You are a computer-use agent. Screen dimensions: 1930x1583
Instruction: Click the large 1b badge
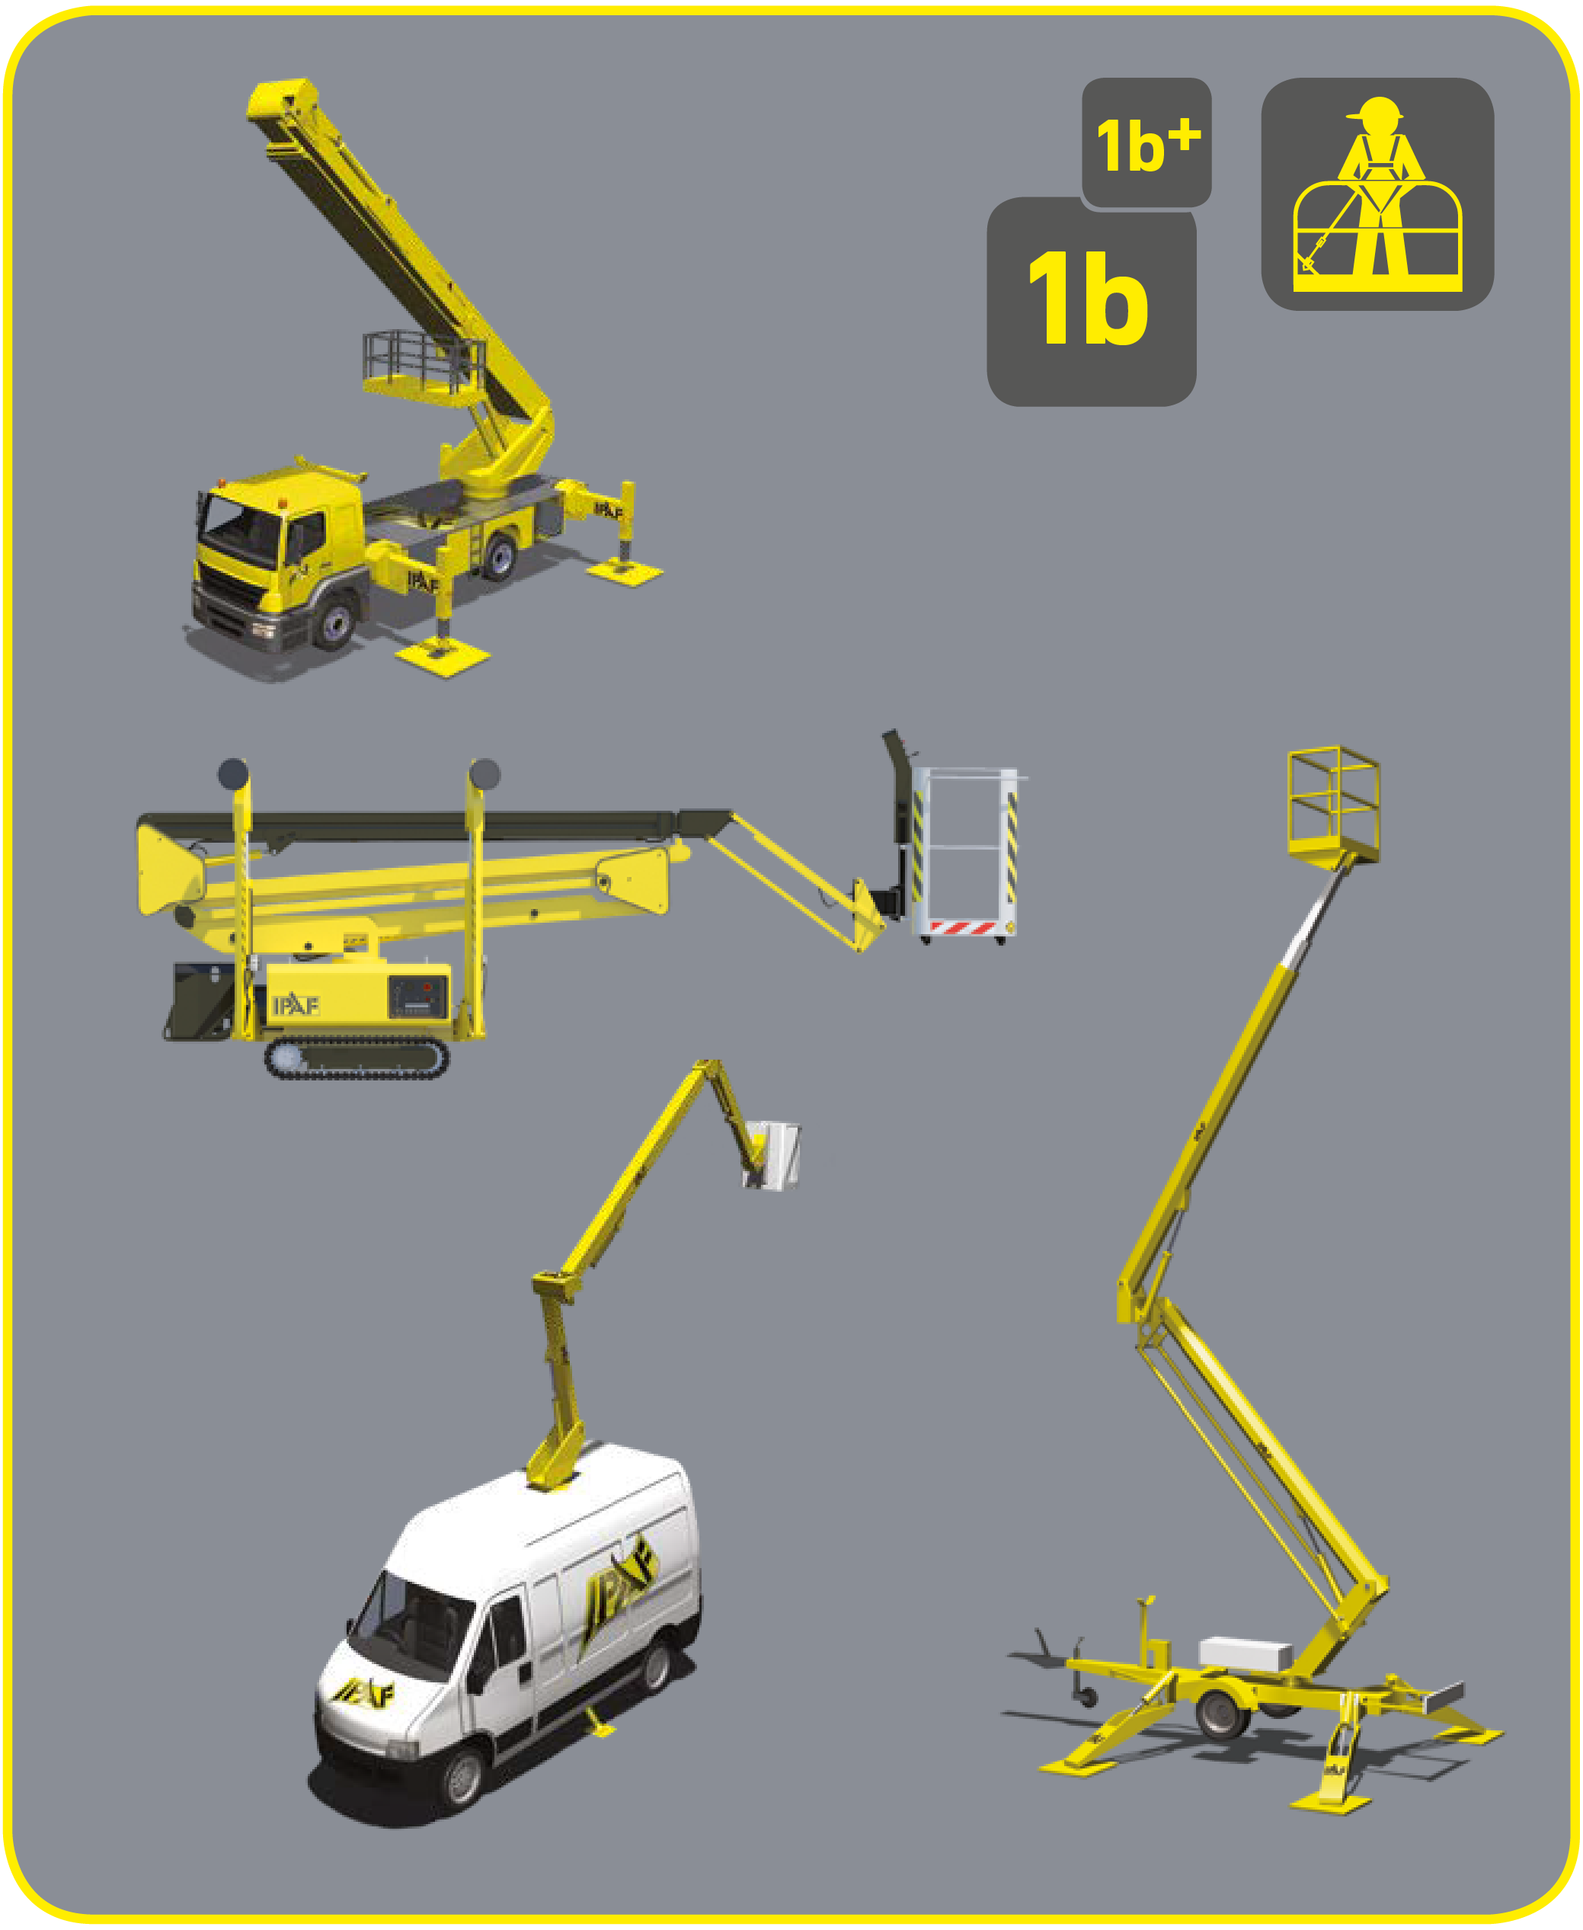1091,302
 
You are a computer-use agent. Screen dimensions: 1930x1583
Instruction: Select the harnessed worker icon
1376,194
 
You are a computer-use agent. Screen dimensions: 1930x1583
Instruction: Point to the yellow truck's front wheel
334,621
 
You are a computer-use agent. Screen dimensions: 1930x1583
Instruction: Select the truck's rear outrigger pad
625,572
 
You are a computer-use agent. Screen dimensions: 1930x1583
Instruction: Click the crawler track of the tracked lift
357,1059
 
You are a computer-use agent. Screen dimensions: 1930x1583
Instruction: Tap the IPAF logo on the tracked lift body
296,1005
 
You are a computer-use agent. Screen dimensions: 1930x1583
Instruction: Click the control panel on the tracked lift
418,996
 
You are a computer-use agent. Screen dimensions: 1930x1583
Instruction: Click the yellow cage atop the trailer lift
1332,805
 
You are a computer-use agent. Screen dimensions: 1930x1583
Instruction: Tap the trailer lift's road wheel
1221,1712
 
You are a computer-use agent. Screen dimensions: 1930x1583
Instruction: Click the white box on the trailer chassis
1245,1651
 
